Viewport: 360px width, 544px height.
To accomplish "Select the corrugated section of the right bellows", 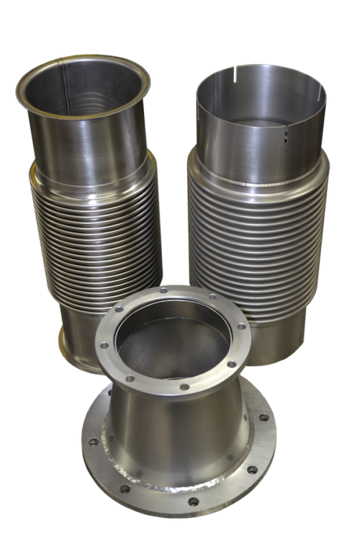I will pos(252,231).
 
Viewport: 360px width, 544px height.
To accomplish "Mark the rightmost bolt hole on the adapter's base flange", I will pos(269,432).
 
